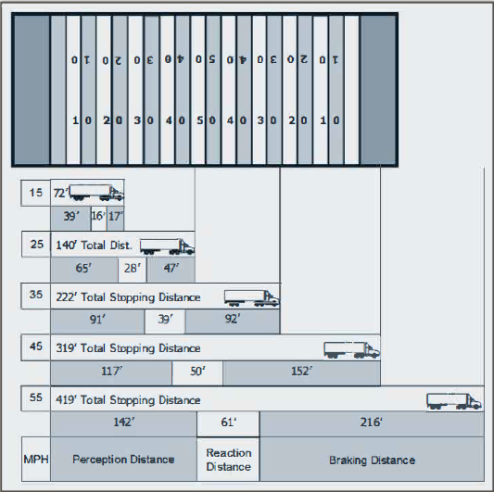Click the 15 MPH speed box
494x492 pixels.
[35, 194]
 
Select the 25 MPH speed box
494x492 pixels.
[35, 245]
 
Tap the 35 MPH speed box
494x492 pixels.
[35, 296]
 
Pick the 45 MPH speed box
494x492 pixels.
[35, 348]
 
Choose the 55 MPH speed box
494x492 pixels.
[35, 400]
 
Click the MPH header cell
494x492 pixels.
[35, 460]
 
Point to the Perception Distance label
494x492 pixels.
[123, 460]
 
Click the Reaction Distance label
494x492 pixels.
[229, 460]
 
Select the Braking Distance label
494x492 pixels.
[372, 460]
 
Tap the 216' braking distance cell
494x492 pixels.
[372, 423]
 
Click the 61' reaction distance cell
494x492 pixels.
[229, 423]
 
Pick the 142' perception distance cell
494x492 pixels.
[123, 423]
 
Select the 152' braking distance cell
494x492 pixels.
[301, 372]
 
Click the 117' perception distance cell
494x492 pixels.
[111, 372]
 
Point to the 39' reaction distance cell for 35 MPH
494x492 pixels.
[165, 321]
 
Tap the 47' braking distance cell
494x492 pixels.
[171, 270]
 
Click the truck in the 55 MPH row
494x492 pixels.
[453, 400]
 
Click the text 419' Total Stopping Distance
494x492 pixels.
[128, 400]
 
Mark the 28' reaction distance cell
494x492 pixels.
[132, 270]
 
